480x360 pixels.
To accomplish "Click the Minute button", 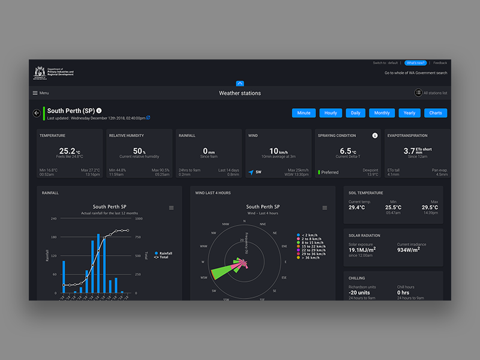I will tap(304, 113).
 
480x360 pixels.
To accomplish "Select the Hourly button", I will tap(331, 113).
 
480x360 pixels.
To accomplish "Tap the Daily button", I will tap(356, 113).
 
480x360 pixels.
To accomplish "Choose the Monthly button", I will tap(382, 113).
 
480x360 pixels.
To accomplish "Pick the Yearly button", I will tap(409, 113).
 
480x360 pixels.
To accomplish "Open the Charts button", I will tap(436, 113).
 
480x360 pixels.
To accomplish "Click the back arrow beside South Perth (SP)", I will tap(37, 113).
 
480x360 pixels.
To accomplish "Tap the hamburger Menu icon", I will tap(35, 93).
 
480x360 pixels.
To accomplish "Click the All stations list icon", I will tap(418, 93).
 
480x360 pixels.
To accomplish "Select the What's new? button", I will tap(415, 62).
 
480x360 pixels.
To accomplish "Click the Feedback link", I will tap(440, 62).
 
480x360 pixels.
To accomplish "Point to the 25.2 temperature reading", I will tap(67, 151).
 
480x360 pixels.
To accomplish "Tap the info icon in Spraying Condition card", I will tap(375, 136).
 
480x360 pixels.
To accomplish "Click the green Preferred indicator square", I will tap(319, 172).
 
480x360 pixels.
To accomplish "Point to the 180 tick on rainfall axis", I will tap(53, 237).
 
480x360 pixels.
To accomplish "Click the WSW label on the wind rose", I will tap(204, 277).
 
